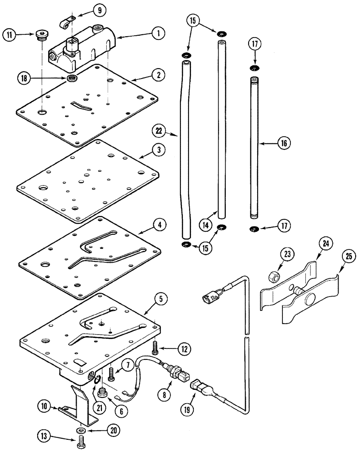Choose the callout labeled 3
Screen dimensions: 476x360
click(158, 149)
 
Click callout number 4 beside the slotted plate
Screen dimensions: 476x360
click(160, 224)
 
